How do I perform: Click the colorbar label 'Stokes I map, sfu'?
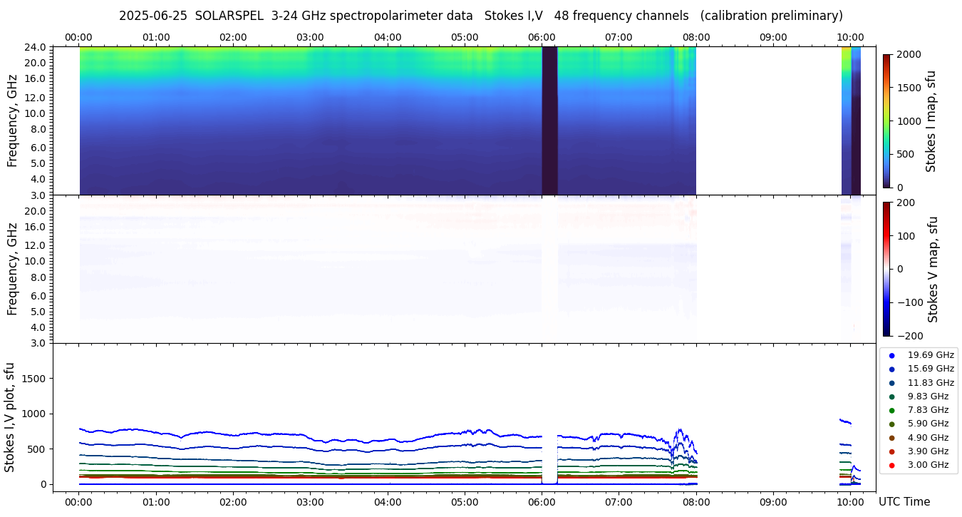click(x=931, y=121)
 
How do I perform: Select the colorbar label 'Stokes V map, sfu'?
click(x=932, y=269)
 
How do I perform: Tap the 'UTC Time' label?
click(x=904, y=502)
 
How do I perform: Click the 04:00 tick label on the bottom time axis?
click(x=388, y=502)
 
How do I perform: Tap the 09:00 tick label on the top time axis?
click(x=773, y=37)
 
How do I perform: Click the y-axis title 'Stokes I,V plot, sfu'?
click(x=10, y=417)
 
